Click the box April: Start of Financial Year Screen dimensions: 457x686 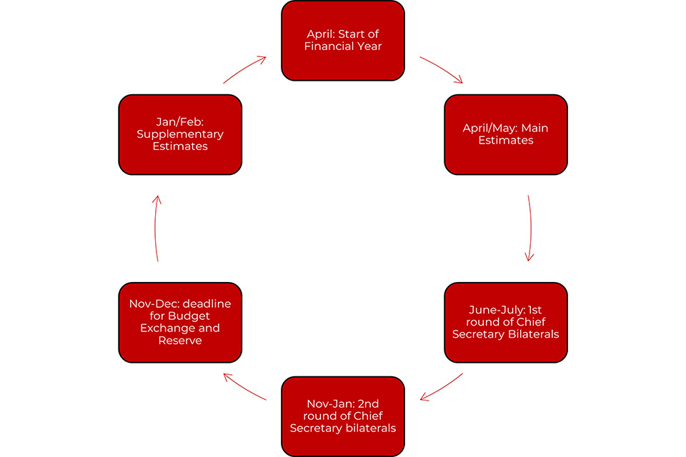pos(343,40)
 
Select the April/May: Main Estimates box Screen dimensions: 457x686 pos(506,134)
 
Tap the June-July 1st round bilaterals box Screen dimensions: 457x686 pos(506,322)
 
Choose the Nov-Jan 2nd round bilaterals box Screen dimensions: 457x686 pos(343,416)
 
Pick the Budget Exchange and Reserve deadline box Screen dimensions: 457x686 pos(180,322)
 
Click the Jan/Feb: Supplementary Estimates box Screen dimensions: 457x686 pos(180,134)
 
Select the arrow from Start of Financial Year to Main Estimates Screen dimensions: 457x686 pos(442,69)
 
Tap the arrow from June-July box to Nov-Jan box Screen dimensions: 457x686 pos(442,387)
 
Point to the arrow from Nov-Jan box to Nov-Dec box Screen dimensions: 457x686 pos(244,387)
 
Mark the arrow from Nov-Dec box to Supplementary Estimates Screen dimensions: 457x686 pos(156,228)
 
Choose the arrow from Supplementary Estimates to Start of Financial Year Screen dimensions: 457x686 pos(244,69)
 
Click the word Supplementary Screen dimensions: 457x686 pos(180,134)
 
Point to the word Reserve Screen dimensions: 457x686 pos(180,341)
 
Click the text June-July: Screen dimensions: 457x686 pos(496,310)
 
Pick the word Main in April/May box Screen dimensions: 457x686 pos(535,128)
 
